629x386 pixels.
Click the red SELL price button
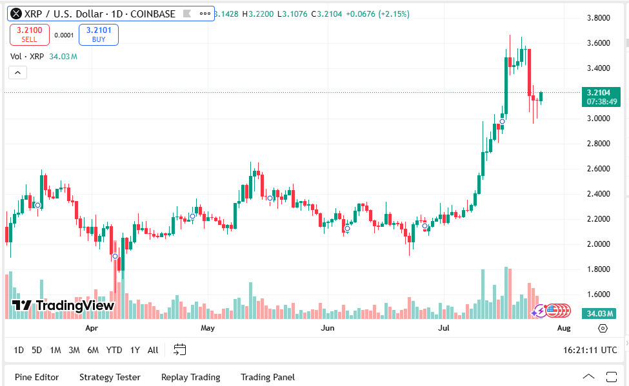(x=30, y=34)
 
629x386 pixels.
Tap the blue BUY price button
(x=99, y=34)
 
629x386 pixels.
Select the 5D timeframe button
(x=37, y=350)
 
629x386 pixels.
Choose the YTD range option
(x=114, y=350)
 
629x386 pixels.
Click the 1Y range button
(x=135, y=350)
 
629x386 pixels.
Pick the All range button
(x=153, y=350)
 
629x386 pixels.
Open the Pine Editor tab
(x=37, y=377)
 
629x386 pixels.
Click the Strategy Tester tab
(x=110, y=377)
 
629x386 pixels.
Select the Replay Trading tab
(x=190, y=377)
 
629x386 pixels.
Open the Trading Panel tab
(x=268, y=377)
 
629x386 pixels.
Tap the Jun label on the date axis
(x=328, y=328)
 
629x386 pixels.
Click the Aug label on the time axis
(x=563, y=328)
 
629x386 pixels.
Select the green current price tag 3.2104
(x=601, y=97)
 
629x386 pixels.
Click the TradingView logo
(x=63, y=305)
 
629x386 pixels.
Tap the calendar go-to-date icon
(x=179, y=350)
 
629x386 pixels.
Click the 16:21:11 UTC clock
(x=590, y=350)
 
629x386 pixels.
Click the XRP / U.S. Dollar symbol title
(x=100, y=14)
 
